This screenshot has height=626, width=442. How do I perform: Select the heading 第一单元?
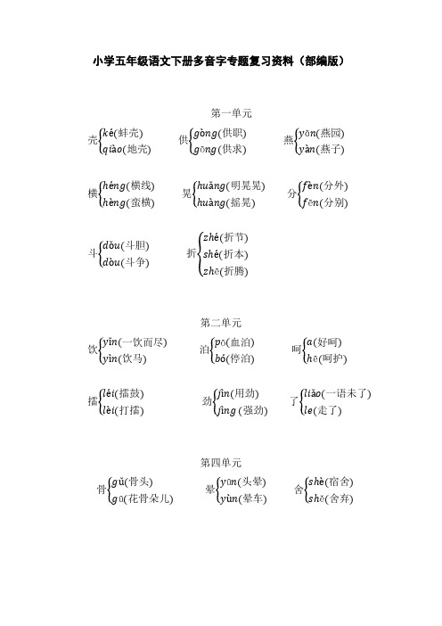point(232,113)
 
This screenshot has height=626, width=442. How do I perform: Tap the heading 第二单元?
point(221,323)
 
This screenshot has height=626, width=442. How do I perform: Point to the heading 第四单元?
point(221,463)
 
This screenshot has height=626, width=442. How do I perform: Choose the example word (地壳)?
point(136,149)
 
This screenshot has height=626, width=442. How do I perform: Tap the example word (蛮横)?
point(142,202)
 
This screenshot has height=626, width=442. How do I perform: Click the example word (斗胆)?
point(137,245)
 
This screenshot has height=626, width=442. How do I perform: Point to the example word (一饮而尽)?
point(145,342)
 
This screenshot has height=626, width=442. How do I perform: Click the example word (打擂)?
point(135,410)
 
